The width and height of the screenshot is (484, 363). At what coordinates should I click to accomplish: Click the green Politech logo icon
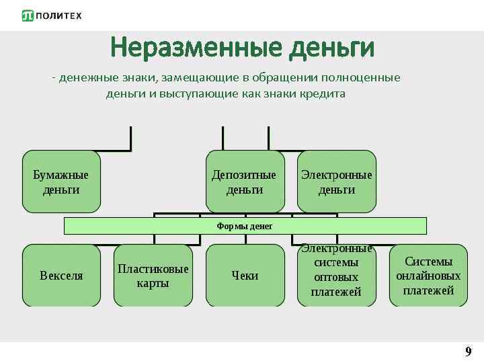click(28, 15)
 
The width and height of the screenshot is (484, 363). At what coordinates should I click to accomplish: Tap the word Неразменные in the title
click(194, 48)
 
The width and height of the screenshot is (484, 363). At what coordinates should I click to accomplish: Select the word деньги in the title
click(330, 48)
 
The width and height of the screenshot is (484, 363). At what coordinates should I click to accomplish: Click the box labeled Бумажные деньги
click(61, 182)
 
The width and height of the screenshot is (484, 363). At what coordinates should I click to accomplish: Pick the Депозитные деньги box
click(244, 182)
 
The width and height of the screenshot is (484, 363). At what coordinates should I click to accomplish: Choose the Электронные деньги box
click(336, 182)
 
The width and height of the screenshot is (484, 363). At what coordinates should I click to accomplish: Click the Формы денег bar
click(245, 226)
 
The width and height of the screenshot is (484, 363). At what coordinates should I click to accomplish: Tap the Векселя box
click(61, 276)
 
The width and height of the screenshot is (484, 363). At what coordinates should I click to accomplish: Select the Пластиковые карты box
click(153, 276)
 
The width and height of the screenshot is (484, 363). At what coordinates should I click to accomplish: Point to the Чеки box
click(244, 276)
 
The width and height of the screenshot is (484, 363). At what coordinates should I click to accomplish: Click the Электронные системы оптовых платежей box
click(336, 276)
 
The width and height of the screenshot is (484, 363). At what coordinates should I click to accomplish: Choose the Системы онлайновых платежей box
click(428, 276)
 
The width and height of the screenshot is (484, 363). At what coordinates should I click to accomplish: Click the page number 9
click(468, 352)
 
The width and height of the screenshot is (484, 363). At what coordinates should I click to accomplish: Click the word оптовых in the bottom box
click(336, 277)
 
